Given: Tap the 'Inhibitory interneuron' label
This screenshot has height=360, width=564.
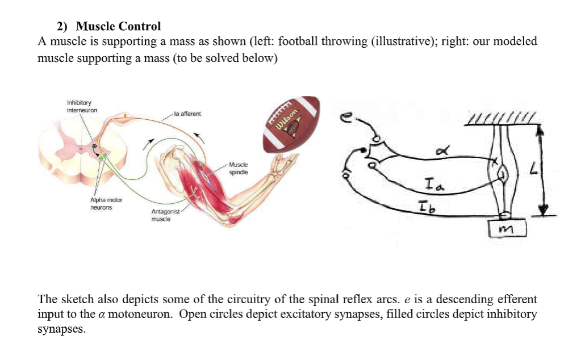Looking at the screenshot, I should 82,106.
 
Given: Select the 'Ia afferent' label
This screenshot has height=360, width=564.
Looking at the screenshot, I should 187,114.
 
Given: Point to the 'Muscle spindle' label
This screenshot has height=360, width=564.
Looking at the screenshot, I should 239,168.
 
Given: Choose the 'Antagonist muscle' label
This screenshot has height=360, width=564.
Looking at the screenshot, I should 165,215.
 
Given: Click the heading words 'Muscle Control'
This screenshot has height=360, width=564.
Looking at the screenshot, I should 118,26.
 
